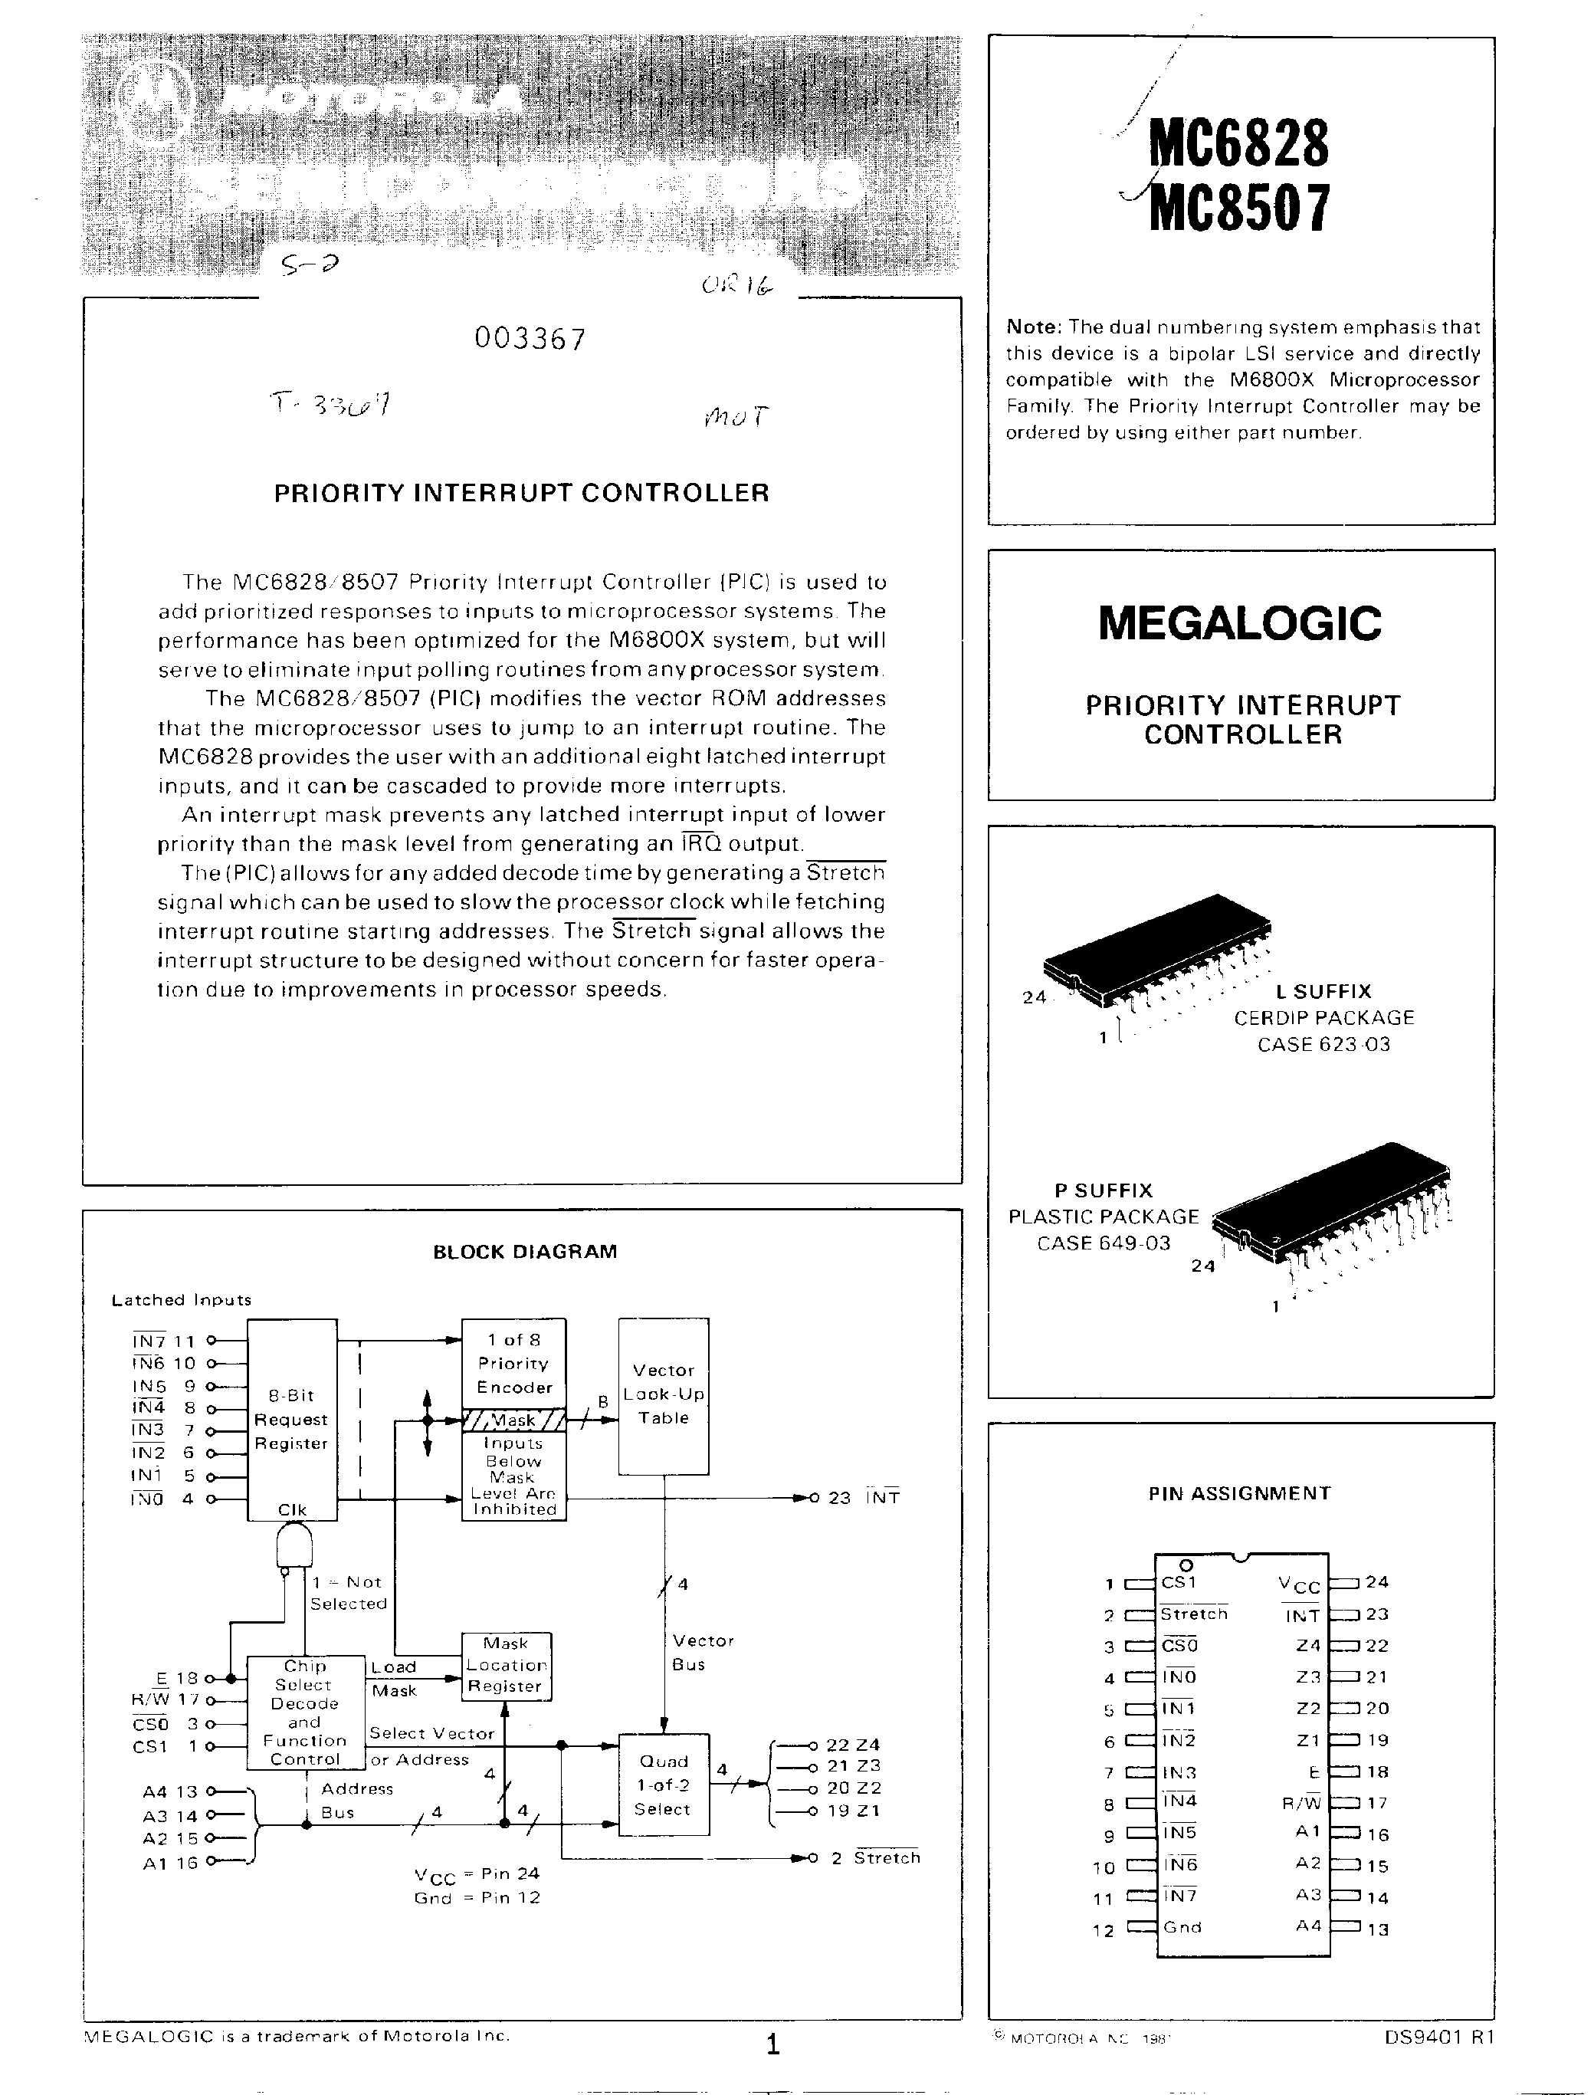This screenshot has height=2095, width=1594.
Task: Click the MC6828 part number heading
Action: click(x=1238, y=143)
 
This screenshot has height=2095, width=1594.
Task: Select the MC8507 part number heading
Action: click(x=1238, y=208)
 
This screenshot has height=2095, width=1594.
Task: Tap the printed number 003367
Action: click(x=530, y=339)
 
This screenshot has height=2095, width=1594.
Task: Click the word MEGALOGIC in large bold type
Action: click(x=1240, y=623)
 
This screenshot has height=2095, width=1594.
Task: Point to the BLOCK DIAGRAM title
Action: click(x=525, y=1252)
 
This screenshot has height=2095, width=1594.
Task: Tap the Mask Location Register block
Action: click(x=506, y=1666)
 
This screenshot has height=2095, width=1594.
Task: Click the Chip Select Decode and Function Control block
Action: click(x=304, y=1712)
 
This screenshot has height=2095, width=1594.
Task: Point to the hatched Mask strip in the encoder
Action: click(x=513, y=1420)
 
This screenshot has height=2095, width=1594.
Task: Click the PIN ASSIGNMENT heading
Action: click(x=1239, y=1493)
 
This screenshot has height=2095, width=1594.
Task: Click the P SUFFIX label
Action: click(x=1104, y=1190)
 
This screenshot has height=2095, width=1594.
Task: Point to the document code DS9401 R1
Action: click(x=1438, y=2036)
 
